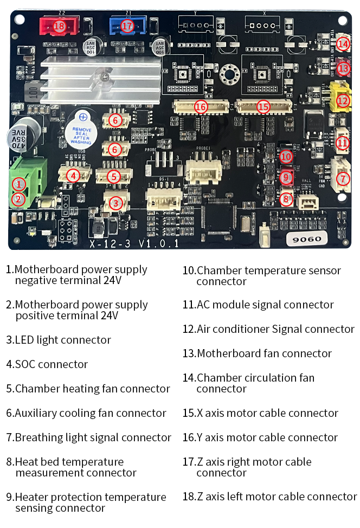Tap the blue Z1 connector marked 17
click(127, 25)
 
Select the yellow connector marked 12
click(342, 100)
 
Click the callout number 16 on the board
click(201, 107)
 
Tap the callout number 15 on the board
click(263, 107)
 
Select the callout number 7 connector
click(342, 178)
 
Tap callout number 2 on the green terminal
click(18, 199)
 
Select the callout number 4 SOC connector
click(73, 175)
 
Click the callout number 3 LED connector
click(115, 203)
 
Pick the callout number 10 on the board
click(286, 157)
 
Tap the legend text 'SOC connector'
click(51, 364)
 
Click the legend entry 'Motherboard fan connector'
click(264, 353)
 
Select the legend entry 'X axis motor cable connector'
click(267, 413)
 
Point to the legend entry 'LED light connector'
click(62, 340)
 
